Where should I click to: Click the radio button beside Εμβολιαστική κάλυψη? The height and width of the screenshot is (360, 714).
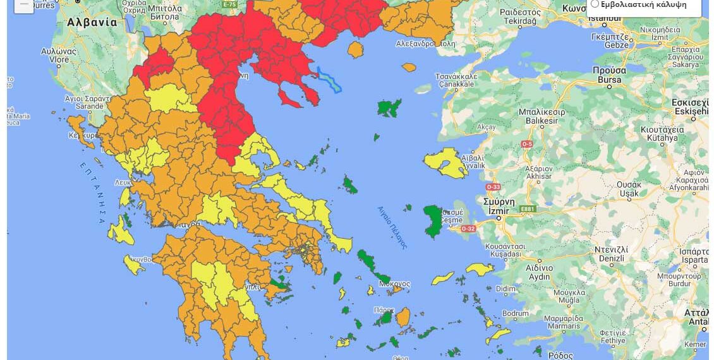click(x=595, y=4)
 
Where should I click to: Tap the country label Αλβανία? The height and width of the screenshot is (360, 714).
click(x=92, y=22)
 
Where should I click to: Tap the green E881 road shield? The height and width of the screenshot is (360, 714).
click(x=527, y=209)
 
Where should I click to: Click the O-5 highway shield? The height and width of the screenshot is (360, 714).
click(x=526, y=144)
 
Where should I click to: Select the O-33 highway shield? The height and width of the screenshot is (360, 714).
click(x=493, y=187)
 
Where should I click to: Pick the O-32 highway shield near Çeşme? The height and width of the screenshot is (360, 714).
click(x=468, y=229)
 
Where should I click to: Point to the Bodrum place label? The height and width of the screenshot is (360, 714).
click(x=515, y=314)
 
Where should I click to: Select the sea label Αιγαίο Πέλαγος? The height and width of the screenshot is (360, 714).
click(x=392, y=227)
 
